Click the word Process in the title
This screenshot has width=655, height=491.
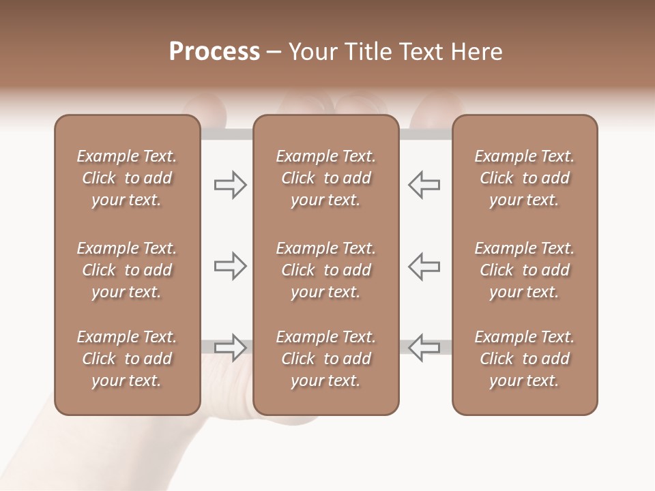click(x=214, y=52)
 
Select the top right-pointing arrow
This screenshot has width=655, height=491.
click(x=230, y=185)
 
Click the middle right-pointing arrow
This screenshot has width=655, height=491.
click(x=230, y=266)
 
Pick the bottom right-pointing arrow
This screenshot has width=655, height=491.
click(x=230, y=347)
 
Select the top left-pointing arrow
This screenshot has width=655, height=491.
click(x=424, y=185)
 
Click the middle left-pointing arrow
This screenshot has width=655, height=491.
click(x=424, y=266)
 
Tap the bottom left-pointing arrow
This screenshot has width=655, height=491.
click(x=424, y=347)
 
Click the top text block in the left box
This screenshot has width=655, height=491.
click(x=127, y=178)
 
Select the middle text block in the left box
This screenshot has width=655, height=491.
click(x=127, y=270)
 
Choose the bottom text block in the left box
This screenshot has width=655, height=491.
click(x=127, y=359)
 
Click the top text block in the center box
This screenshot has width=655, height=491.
click(x=325, y=178)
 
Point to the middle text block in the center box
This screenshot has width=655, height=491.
click(x=325, y=270)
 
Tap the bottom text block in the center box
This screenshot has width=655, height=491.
click(x=325, y=359)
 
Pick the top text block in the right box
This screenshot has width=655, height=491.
click(x=524, y=178)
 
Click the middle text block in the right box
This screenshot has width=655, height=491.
click(x=524, y=270)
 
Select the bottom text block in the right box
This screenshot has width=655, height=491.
click(x=524, y=359)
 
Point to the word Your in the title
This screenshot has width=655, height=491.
click(x=311, y=52)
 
